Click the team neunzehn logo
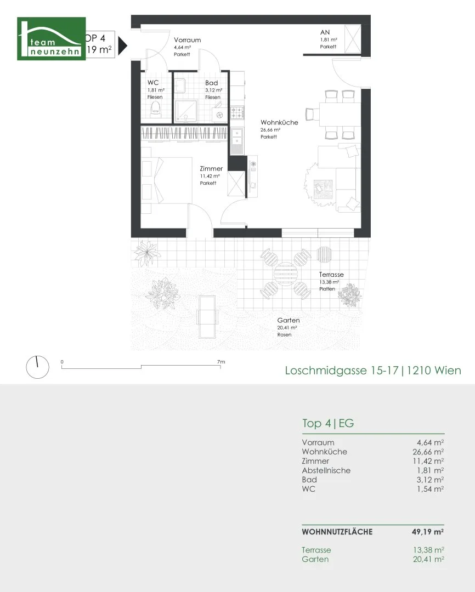[52, 38]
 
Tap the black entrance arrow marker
[122, 45]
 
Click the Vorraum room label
[187, 40]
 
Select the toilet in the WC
[155, 111]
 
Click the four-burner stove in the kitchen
[237, 112]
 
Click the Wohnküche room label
[279, 122]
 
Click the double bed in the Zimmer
[167, 180]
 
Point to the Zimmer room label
[211, 168]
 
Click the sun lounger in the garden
[207, 317]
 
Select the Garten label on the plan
[289, 320]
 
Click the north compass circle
[37, 367]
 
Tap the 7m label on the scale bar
[221, 362]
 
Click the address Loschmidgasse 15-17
[342, 371]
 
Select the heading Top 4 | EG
[328, 423]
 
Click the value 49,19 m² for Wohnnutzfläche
[428, 532]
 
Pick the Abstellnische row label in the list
[326, 470]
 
